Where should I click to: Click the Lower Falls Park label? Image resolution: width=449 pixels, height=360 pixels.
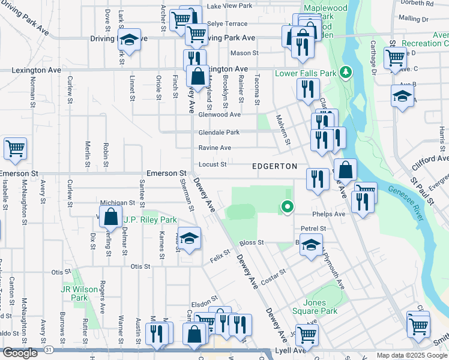pos(305,73)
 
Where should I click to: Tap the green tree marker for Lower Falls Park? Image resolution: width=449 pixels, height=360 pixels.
pos(345,73)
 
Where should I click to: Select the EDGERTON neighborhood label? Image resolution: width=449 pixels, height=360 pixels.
pos(274,166)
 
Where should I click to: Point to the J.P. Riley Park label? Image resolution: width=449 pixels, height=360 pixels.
pos(150,220)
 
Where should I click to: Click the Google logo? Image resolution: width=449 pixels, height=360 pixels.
pos(20,353)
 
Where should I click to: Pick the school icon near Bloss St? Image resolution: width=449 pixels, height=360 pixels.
pos(311,245)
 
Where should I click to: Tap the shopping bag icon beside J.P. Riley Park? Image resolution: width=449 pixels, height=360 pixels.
pos(111,217)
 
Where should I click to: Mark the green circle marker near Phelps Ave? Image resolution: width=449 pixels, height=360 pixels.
pos(288,208)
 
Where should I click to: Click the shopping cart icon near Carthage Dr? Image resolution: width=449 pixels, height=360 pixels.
pos(395,58)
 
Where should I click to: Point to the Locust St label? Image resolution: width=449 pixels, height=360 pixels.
pos(212,164)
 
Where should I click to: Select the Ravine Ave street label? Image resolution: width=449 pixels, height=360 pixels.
pos(215,148)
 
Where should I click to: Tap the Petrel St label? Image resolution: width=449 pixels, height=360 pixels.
pos(313,229)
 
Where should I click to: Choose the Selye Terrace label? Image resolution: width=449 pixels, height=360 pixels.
pos(227,24)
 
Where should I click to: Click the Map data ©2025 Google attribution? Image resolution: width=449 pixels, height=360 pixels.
pos(412,355)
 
